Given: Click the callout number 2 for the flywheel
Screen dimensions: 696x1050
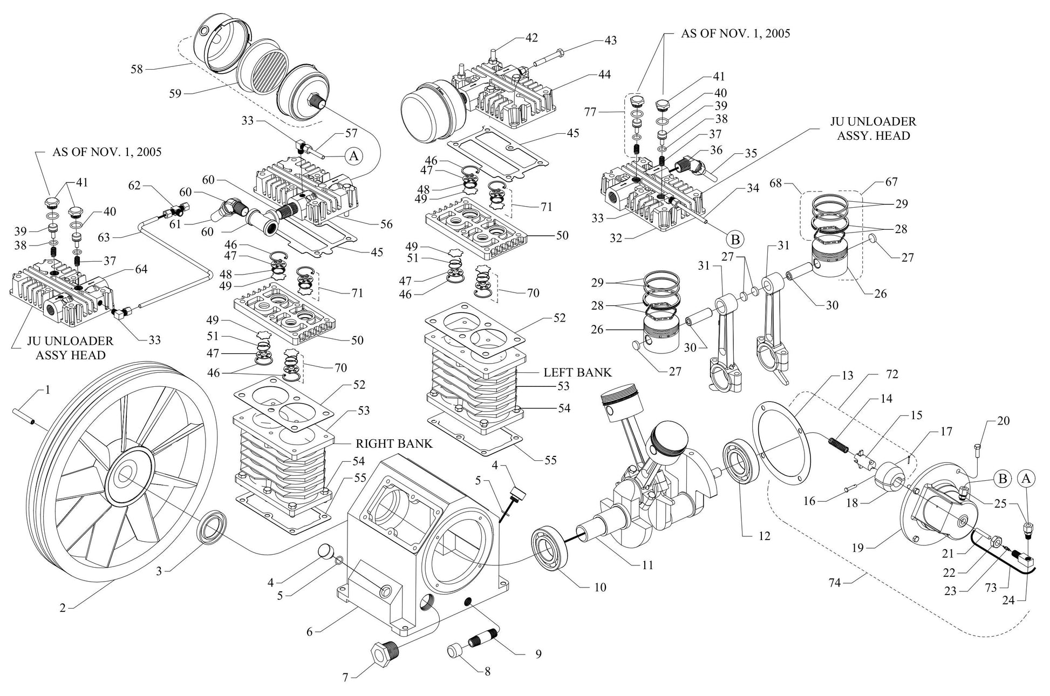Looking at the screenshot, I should [x=63, y=608].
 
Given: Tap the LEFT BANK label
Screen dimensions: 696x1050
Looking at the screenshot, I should [x=577, y=372].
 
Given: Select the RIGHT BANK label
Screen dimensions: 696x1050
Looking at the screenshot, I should [x=394, y=443].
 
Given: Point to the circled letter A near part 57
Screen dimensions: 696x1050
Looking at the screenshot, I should [x=353, y=156].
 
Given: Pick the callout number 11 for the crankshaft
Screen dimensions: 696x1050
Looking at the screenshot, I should [x=647, y=565].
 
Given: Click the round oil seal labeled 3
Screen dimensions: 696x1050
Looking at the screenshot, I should [x=210, y=527].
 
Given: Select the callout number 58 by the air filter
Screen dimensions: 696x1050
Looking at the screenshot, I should [x=137, y=69].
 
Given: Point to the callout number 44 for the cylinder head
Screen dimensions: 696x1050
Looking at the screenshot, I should [x=604, y=74].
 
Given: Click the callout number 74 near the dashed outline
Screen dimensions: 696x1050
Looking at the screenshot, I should [x=835, y=583].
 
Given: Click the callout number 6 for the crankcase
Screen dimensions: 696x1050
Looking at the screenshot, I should [x=309, y=631].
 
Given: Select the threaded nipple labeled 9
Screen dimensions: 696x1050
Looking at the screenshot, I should [x=483, y=642].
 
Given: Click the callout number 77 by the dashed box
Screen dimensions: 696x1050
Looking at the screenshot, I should [x=591, y=112].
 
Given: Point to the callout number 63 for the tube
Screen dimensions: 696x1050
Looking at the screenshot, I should [x=104, y=237].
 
